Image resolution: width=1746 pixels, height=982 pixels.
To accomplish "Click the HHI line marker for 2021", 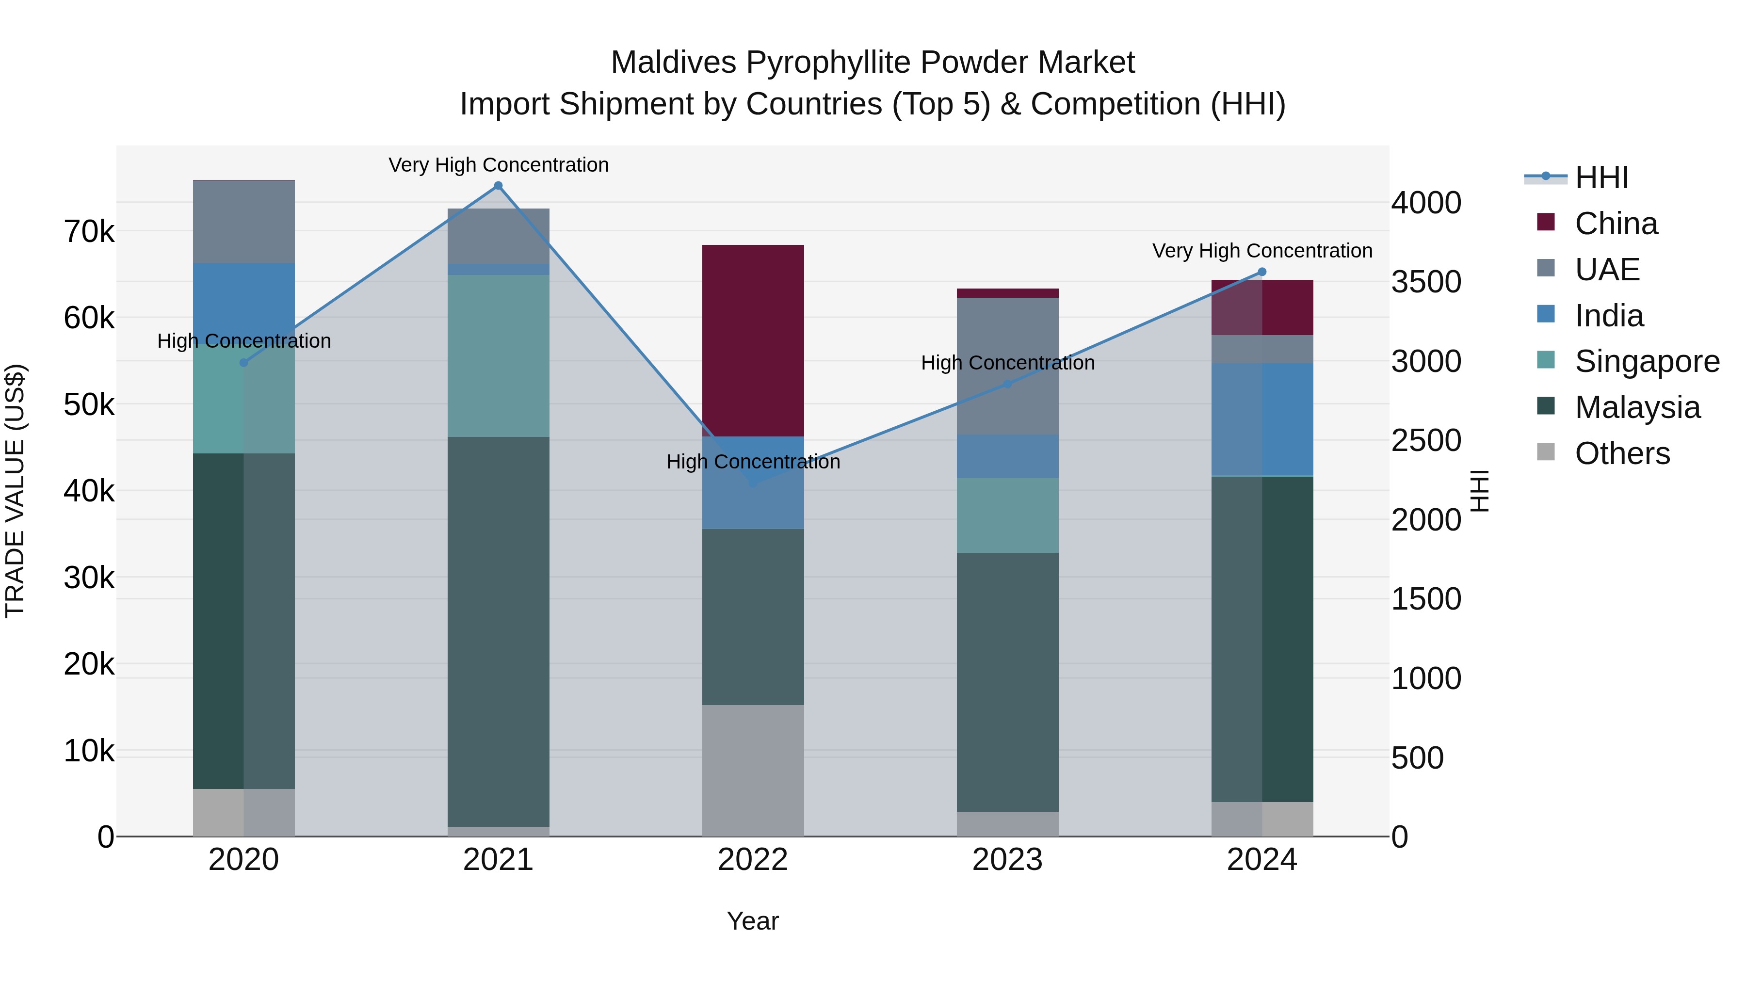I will (498, 186).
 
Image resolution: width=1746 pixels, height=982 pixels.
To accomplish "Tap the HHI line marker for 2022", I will (753, 483).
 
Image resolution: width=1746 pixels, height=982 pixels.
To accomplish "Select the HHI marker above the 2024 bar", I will (1262, 272).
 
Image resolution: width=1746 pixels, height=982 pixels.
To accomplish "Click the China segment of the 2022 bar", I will (753, 340).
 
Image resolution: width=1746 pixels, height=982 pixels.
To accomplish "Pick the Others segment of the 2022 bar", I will (753, 771).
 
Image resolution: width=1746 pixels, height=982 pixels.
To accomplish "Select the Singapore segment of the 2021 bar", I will (498, 356).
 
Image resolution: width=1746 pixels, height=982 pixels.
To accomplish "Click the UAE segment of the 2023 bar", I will (1007, 366).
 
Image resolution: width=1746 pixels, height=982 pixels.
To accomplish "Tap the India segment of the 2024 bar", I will (1262, 419).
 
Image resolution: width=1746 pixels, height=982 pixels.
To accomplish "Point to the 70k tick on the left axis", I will (89, 232).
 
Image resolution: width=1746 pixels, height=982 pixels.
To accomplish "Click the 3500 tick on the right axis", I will (1426, 282).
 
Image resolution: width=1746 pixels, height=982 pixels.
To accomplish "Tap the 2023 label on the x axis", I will (1007, 860).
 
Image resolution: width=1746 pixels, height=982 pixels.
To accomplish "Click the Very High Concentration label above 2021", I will (498, 165).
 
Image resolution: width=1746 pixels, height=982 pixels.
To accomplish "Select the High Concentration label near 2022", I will (753, 462).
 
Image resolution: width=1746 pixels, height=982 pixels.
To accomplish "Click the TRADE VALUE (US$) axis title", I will (15, 491).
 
